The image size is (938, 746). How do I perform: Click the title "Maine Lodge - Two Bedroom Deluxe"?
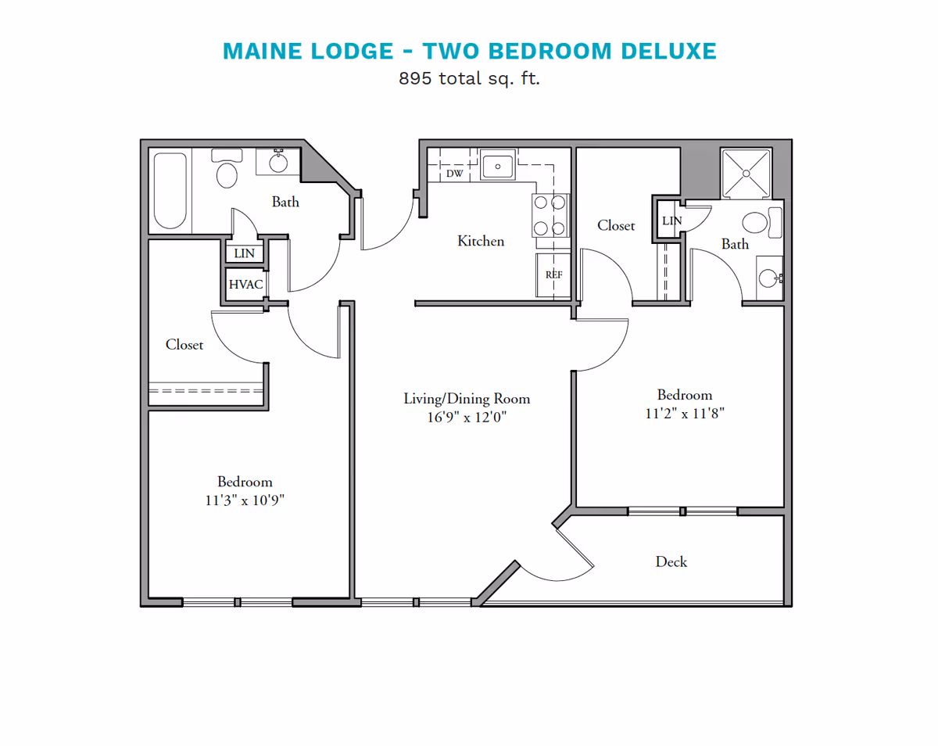[x=469, y=51]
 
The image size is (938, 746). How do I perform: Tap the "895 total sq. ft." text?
[x=469, y=78]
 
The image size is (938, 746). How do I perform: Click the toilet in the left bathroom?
[x=227, y=173]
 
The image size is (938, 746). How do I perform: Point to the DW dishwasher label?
[x=454, y=174]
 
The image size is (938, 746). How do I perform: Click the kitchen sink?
[x=496, y=166]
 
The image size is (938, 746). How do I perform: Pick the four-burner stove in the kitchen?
[x=550, y=215]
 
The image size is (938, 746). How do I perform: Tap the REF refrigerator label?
[x=553, y=274]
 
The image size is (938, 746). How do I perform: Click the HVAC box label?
[x=245, y=285]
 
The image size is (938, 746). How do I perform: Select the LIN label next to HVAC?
[x=245, y=253]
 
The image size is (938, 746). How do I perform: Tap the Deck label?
[x=671, y=561]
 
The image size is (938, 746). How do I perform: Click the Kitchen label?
[x=481, y=241]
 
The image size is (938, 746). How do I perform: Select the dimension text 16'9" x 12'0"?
[x=467, y=418]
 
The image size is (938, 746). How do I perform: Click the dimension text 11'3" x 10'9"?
[x=245, y=500]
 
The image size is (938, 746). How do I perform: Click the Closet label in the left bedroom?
[x=184, y=344]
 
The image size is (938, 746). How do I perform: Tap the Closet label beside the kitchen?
[x=616, y=225]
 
